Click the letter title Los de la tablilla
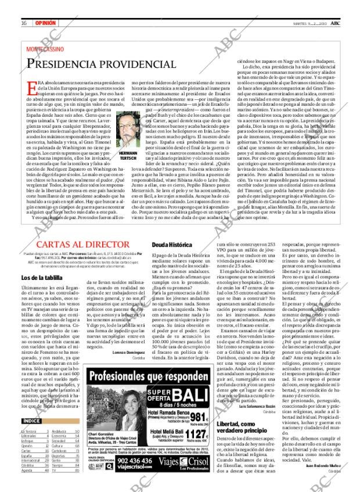pyautogui.click(x=39, y=279)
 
